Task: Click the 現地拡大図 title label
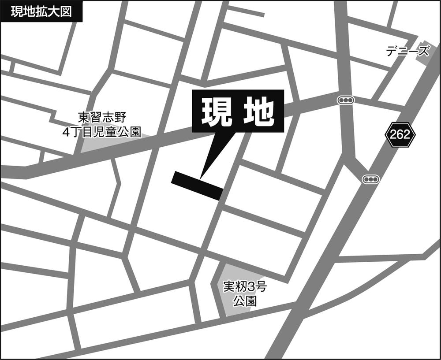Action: pos(41,11)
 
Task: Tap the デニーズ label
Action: pos(407,52)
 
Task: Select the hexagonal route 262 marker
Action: pos(400,134)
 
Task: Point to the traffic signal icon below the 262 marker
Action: pos(370,179)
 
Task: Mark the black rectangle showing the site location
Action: pos(197,185)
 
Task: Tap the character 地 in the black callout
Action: pos(258,111)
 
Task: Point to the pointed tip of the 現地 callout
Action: pos(201,178)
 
